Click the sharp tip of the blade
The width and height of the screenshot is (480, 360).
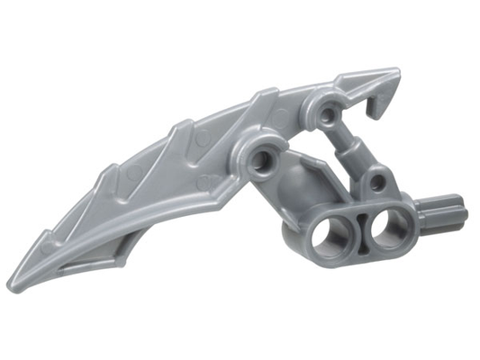pos(11,286)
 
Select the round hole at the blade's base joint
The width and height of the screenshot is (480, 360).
pos(267,160)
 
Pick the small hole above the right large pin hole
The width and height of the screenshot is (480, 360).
pos(376,184)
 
